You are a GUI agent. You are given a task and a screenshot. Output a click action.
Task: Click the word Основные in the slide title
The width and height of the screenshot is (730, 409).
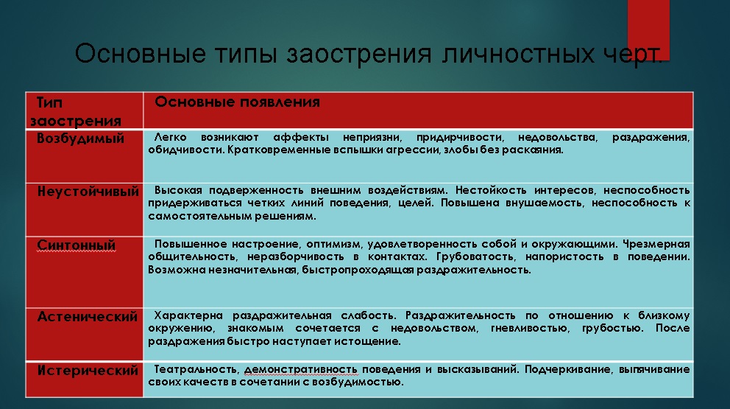tap(140, 53)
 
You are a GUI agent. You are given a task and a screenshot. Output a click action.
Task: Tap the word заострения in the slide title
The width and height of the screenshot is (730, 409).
tap(359, 54)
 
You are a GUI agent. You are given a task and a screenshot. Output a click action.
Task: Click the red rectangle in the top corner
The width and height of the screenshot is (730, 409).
tap(648, 29)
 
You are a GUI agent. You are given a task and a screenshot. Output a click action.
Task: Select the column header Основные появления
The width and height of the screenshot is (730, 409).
tap(237, 102)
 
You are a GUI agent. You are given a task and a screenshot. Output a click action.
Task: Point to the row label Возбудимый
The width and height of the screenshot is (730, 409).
tap(80, 139)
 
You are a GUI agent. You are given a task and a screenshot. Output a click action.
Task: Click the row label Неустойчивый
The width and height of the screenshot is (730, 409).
tap(88, 192)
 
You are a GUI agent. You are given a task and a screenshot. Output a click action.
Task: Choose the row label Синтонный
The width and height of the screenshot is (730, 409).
tap(77, 245)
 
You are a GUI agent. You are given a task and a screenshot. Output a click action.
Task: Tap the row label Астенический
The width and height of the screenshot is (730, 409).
tap(88, 317)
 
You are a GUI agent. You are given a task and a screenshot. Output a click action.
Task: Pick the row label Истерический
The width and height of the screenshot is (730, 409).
tap(88, 370)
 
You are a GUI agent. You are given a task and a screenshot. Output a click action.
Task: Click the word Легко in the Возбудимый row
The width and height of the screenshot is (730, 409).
tap(171, 137)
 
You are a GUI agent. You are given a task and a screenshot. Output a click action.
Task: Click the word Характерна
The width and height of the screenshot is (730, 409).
tap(188, 315)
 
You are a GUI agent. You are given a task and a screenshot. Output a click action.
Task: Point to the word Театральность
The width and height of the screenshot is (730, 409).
tap(196, 369)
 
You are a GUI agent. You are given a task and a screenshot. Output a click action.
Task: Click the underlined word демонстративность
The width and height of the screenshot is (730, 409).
tap(301, 370)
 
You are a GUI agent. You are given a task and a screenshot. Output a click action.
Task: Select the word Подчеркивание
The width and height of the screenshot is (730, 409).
tap(565, 369)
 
